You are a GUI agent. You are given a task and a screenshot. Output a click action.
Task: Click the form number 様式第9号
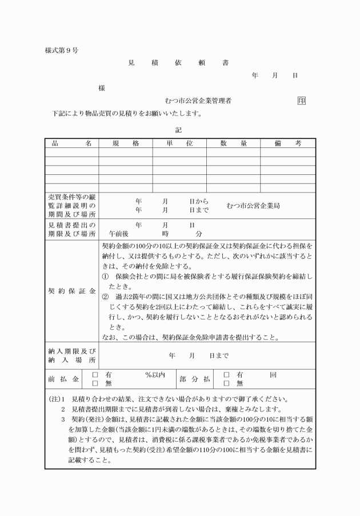(62, 51)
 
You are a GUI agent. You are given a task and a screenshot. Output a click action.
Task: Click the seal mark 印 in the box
(301, 101)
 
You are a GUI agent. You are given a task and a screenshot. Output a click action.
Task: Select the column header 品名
(71, 143)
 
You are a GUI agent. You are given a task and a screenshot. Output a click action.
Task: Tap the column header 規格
(126, 143)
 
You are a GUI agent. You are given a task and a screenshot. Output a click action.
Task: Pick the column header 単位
(179, 143)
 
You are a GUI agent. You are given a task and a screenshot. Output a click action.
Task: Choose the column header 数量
(233, 143)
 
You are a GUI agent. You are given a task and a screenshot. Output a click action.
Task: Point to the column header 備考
(287, 143)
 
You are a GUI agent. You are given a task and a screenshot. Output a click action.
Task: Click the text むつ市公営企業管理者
(198, 101)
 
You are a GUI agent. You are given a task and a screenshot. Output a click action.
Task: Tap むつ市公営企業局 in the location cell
(253, 206)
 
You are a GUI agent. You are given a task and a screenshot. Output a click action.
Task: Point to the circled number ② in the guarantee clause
(105, 297)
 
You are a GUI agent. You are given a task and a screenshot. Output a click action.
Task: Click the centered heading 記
(178, 130)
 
